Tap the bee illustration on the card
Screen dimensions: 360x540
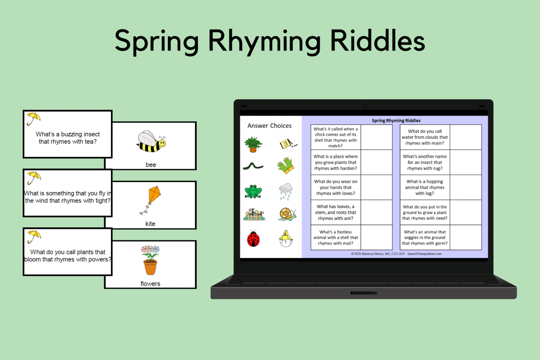point(150,142)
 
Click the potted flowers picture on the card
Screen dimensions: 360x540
point(150,259)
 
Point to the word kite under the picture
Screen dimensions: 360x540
point(150,224)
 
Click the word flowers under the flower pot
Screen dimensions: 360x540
point(150,284)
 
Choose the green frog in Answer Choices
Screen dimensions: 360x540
point(253,192)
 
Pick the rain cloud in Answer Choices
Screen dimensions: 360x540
point(286,191)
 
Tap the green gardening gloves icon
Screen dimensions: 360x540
point(286,166)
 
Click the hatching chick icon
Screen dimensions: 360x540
point(286,239)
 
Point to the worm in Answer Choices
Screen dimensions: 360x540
point(253,166)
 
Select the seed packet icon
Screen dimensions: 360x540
point(288,144)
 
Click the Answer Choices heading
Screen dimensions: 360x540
point(269,126)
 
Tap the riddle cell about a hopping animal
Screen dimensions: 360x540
point(425,187)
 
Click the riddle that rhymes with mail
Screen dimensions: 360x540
point(336,238)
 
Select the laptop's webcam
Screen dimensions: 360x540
point(364,106)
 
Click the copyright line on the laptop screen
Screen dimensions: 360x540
point(396,254)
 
